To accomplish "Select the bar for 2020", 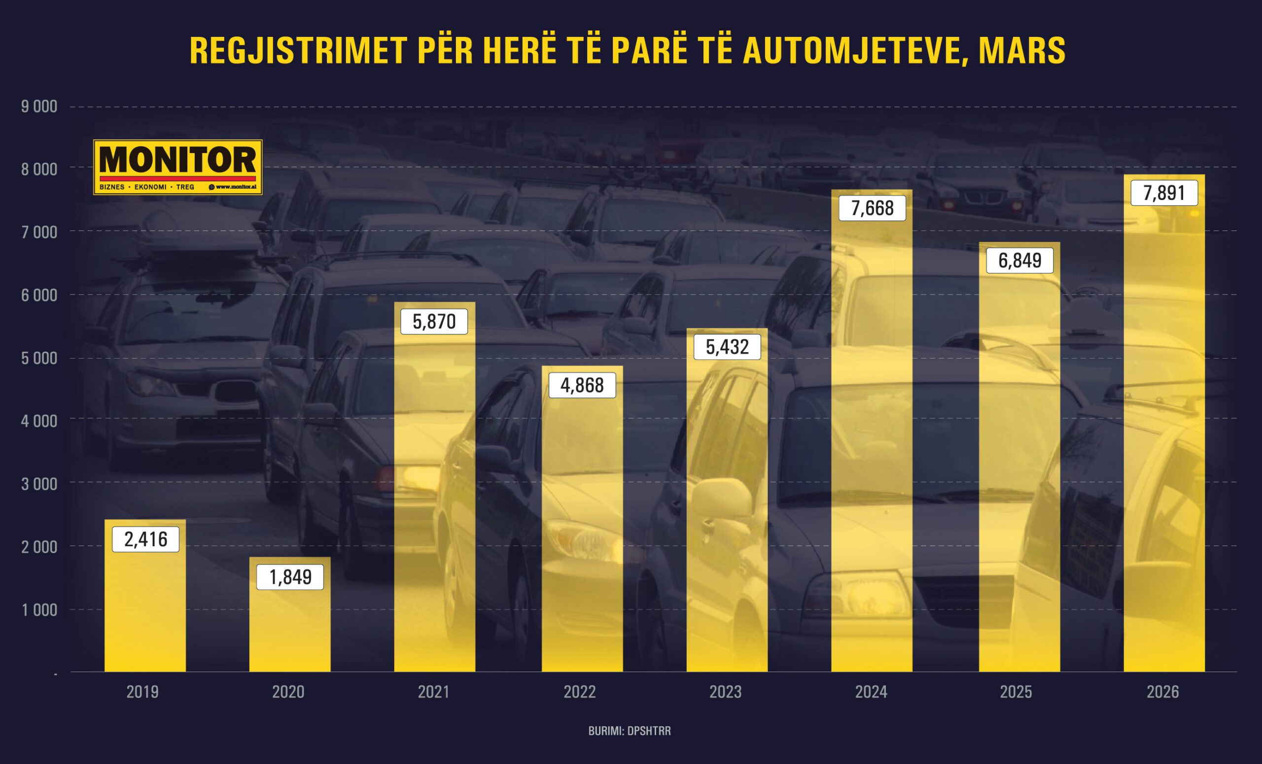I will (x=290, y=630).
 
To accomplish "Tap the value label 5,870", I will (x=434, y=321).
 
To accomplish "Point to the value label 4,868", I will (x=582, y=385).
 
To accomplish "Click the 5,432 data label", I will (x=727, y=347).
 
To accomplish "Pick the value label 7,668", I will (x=872, y=208).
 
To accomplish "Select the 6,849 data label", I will (x=1019, y=261).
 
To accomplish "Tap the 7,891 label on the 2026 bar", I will (x=1164, y=193).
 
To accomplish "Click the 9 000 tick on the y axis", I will (x=39, y=106).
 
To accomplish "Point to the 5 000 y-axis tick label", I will (x=39, y=358).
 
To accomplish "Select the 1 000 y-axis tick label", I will (x=39, y=609).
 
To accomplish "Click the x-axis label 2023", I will (x=725, y=692).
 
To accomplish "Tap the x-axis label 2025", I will (x=1016, y=692).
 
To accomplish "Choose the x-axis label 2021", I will (x=433, y=692).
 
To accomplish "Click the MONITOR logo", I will (x=177, y=161).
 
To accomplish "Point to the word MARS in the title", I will (x=1021, y=51).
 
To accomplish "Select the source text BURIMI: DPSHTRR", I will (x=629, y=731).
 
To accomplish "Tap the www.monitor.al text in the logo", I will (x=233, y=187).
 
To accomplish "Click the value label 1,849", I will (x=290, y=577).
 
